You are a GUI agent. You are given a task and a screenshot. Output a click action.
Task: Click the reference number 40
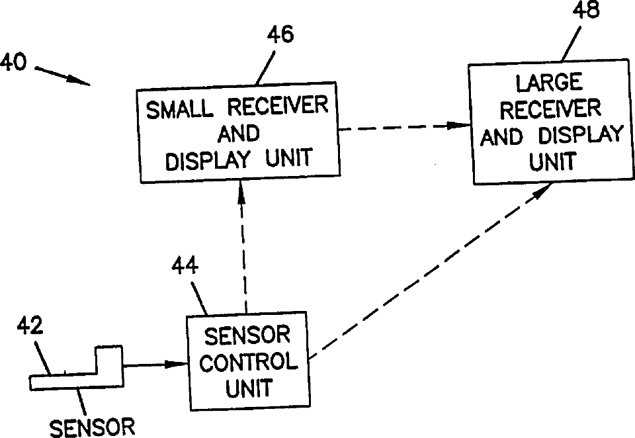tap(13, 62)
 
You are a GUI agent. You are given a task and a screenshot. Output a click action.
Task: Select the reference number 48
tap(585, 9)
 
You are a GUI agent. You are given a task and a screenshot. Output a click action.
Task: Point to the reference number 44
tap(185, 266)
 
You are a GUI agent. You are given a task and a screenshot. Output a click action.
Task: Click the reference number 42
tap(30, 326)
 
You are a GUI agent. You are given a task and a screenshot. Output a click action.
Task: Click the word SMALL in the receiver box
tap(179, 109)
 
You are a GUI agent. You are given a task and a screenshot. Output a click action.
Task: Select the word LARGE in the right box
tap(549, 83)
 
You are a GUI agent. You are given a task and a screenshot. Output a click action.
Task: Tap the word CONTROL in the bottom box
tap(249, 362)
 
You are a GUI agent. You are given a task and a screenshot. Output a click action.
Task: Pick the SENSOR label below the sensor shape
tap(92, 427)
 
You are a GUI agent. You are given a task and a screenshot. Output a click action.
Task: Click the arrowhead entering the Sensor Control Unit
tap(177, 365)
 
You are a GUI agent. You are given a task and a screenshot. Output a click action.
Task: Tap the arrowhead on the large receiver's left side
tap(458, 126)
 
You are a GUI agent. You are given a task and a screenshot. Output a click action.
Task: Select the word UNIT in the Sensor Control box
tap(248, 388)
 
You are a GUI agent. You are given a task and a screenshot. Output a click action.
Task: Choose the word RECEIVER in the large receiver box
tap(550, 109)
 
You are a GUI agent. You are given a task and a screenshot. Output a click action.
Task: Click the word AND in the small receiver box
tap(239, 133)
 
